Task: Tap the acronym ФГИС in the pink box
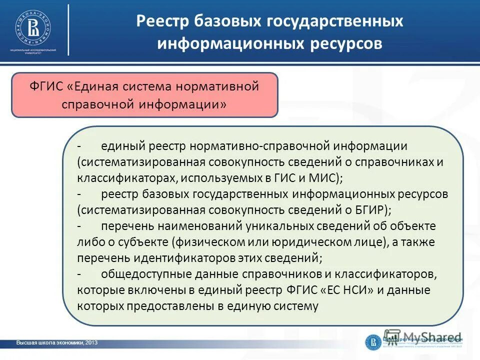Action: pyautogui.click(x=46, y=86)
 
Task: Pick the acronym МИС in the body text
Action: pyautogui.click(x=325, y=178)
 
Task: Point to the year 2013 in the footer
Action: pyautogui.click(x=91, y=342)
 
